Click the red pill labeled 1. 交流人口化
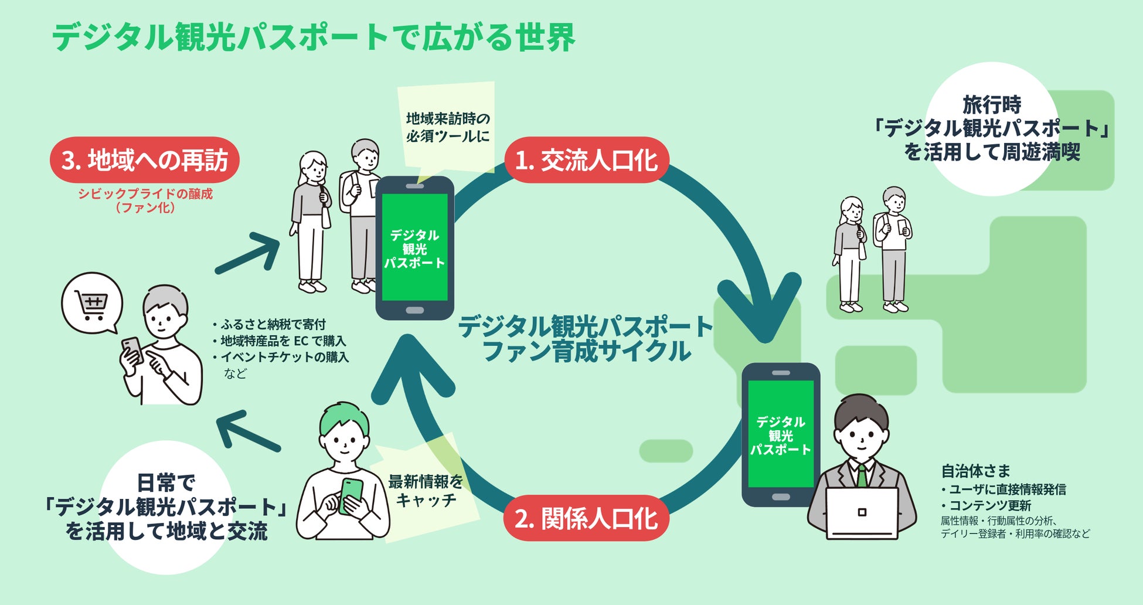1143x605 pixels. coord(586,161)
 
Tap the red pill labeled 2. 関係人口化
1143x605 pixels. coord(586,519)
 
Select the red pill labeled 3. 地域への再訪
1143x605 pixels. coord(145,160)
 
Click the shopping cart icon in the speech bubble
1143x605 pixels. coord(91,305)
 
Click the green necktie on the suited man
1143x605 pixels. coord(862,475)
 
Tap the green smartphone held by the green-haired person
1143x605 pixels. coord(351,495)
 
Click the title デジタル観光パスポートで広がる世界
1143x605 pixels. coord(314,38)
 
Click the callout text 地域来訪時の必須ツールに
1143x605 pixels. coord(448,127)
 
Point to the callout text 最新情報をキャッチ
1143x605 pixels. coord(426,491)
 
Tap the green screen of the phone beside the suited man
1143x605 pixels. coord(781,434)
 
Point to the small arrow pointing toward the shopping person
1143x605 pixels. coord(246,434)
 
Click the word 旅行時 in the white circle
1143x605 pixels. coord(992,105)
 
